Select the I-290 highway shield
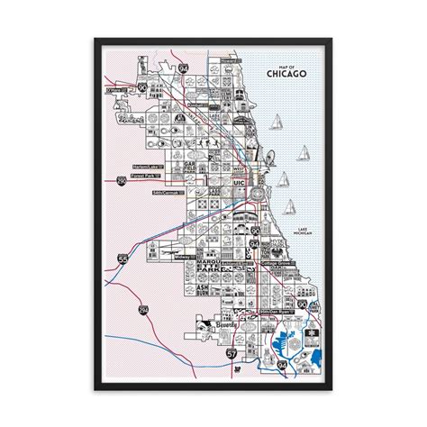click(123, 183)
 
